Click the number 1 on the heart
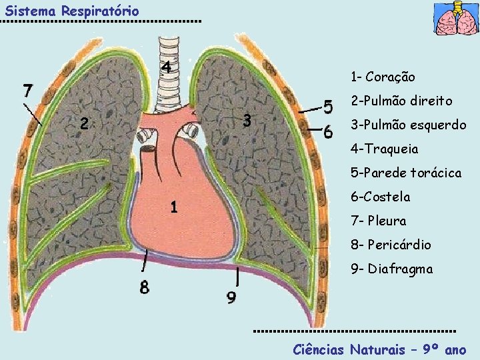173,207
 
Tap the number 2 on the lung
83,123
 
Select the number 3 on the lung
247,121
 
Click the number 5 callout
328,106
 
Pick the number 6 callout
328,132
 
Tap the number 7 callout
27,89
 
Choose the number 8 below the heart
144,288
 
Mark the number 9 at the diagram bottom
231,297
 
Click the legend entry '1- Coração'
383,77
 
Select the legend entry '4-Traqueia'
385,149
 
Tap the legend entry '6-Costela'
380,197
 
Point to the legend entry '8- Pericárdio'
391,245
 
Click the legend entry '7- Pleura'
378,221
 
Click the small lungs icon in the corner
456,19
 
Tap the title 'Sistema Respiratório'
72,11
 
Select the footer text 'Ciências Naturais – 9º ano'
380,349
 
